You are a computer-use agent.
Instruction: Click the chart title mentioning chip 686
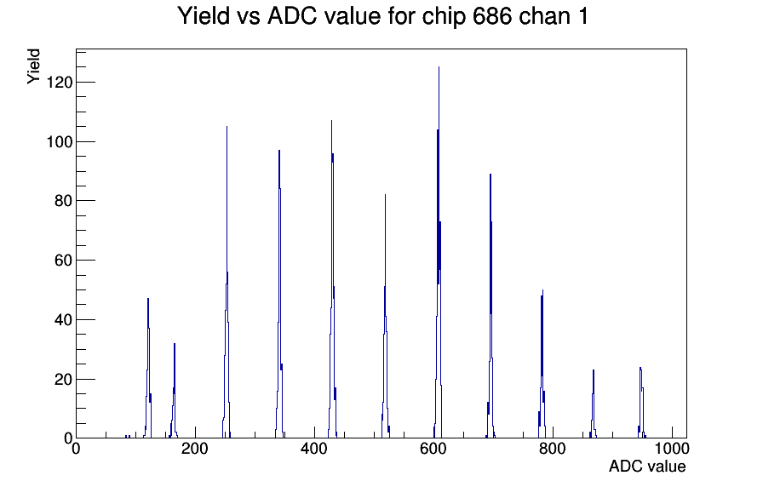382,16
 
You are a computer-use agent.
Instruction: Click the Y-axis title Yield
33,66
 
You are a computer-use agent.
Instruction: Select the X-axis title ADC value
647,466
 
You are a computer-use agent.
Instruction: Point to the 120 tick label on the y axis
59,83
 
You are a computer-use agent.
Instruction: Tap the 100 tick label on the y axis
59,141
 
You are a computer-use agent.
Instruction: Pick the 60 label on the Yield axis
64,261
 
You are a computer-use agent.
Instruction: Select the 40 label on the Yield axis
64,319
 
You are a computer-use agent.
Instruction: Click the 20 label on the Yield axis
64,379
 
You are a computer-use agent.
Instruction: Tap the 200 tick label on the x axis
195,448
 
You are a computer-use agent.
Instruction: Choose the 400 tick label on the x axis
314,448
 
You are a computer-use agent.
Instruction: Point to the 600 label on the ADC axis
433,448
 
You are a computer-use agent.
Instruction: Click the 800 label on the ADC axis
553,448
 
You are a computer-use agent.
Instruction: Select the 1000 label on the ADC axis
672,448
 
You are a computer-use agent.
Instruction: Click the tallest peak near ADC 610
439,67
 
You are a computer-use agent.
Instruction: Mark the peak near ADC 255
227,127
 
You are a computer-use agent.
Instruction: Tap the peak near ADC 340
279,151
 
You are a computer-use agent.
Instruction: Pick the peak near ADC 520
386,195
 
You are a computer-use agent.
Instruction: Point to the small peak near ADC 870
594,370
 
